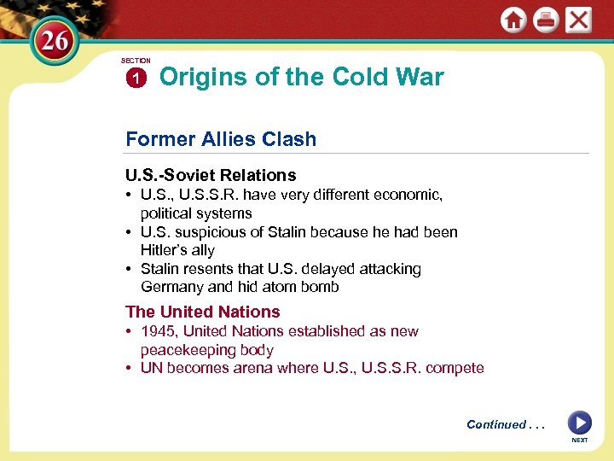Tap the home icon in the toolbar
coord(513,20)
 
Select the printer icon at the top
coord(546,20)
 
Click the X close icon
coord(578,20)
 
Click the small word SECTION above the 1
coord(136,61)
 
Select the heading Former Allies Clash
coord(221,139)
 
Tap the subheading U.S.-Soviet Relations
coord(211,175)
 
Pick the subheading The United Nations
coord(203,312)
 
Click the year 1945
coord(159,331)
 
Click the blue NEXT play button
coord(579,423)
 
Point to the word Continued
coord(496,424)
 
